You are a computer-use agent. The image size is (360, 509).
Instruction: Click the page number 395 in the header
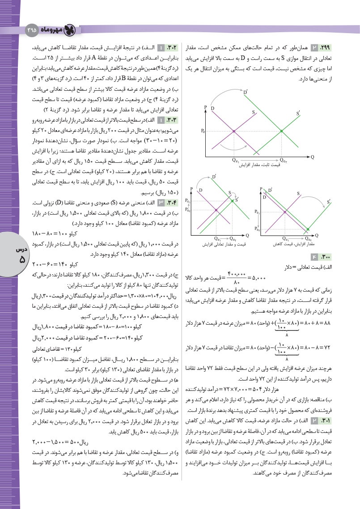tap(32, 30)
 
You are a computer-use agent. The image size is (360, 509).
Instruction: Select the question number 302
tap(172, 48)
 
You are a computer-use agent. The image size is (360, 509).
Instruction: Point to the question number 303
tap(172, 120)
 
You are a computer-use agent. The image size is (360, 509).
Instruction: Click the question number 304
tap(172, 203)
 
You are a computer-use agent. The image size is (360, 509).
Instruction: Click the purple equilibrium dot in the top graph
tap(234, 131)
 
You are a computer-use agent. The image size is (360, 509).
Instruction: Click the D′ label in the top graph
tap(246, 92)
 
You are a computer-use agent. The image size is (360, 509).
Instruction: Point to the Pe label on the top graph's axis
tap(203, 131)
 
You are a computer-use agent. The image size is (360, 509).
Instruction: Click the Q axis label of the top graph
tap(312, 157)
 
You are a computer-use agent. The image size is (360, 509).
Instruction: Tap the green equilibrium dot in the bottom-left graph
tap(232, 201)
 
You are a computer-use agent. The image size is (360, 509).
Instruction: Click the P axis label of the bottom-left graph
tap(191, 189)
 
